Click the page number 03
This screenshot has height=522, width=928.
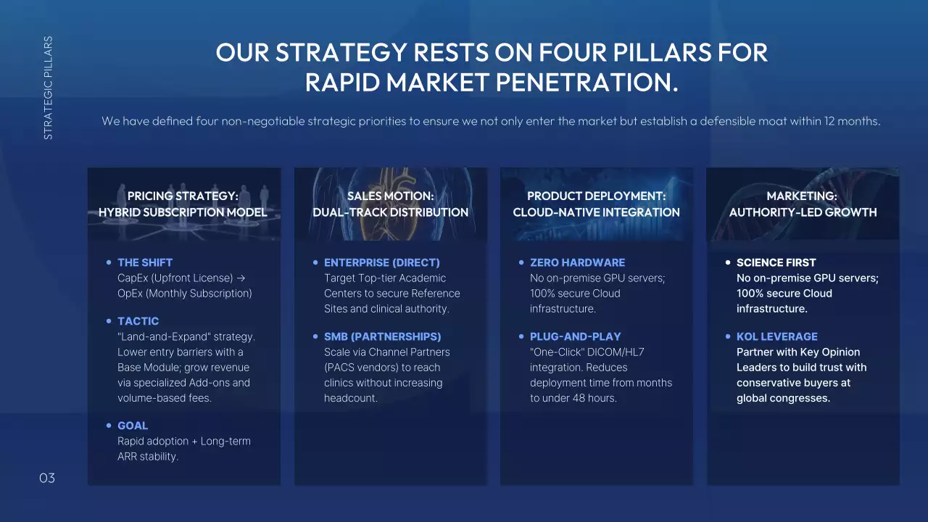pyautogui.click(x=47, y=478)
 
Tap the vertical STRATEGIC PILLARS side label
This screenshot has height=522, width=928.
pyautogui.click(x=48, y=88)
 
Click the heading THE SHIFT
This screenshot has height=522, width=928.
pyautogui.click(x=145, y=262)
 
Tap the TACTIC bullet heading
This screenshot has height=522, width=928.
pyautogui.click(x=138, y=321)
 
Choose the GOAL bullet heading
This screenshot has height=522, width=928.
pyautogui.click(x=133, y=426)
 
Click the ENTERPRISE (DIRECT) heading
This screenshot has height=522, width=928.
pyautogui.click(x=382, y=262)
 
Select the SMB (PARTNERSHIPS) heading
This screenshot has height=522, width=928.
pyautogui.click(x=382, y=336)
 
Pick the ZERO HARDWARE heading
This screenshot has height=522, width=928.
pyautogui.click(x=578, y=262)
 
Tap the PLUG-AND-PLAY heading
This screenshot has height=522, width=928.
pyautogui.click(x=576, y=336)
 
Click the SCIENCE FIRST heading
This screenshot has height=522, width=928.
pyautogui.click(x=776, y=262)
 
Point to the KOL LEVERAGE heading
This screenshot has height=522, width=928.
pyautogui.click(x=776, y=336)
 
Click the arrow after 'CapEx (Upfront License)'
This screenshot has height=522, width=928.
pyautogui.click(x=241, y=278)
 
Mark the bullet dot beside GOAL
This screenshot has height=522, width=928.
pyautogui.click(x=109, y=426)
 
